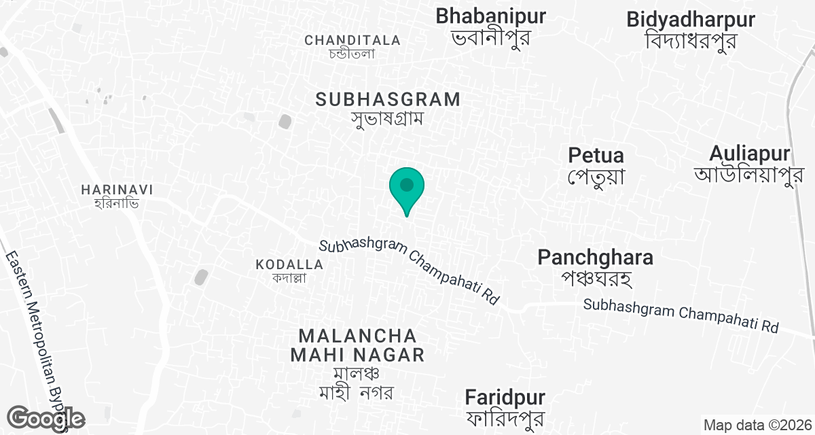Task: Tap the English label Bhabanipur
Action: click(491, 16)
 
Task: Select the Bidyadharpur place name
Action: click(691, 19)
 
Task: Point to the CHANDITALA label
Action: click(352, 40)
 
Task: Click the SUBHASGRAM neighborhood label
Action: click(388, 99)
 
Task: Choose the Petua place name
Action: click(596, 155)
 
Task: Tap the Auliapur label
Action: click(750, 152)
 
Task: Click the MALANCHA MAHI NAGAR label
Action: click(357, 345)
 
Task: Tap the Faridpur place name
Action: click(505, 396)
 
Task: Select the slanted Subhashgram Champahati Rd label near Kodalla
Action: click(410, 271)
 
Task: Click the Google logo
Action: click(46, 418)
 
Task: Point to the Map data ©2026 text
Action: click(756, 425)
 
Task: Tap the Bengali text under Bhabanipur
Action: click(490, 37)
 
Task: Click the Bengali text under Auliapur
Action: click(744, 174)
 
